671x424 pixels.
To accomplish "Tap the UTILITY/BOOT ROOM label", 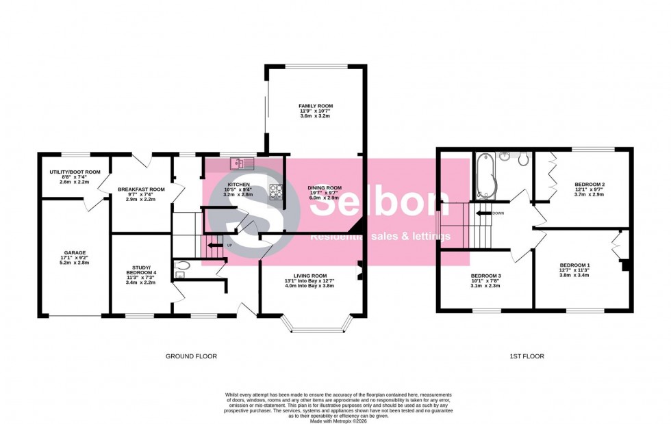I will point(75,172).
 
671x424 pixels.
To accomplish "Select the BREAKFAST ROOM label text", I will point(141,189).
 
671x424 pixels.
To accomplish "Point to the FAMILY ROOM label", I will point(315,106).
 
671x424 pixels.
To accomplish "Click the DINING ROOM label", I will point(324,188).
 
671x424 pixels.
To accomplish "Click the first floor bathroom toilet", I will point(522,160).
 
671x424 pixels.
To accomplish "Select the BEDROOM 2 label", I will point(590,185).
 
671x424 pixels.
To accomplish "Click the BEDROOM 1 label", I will point(574,265).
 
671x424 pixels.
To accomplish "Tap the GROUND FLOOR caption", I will point(191,356).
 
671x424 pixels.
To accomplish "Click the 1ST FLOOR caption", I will point(527,356).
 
